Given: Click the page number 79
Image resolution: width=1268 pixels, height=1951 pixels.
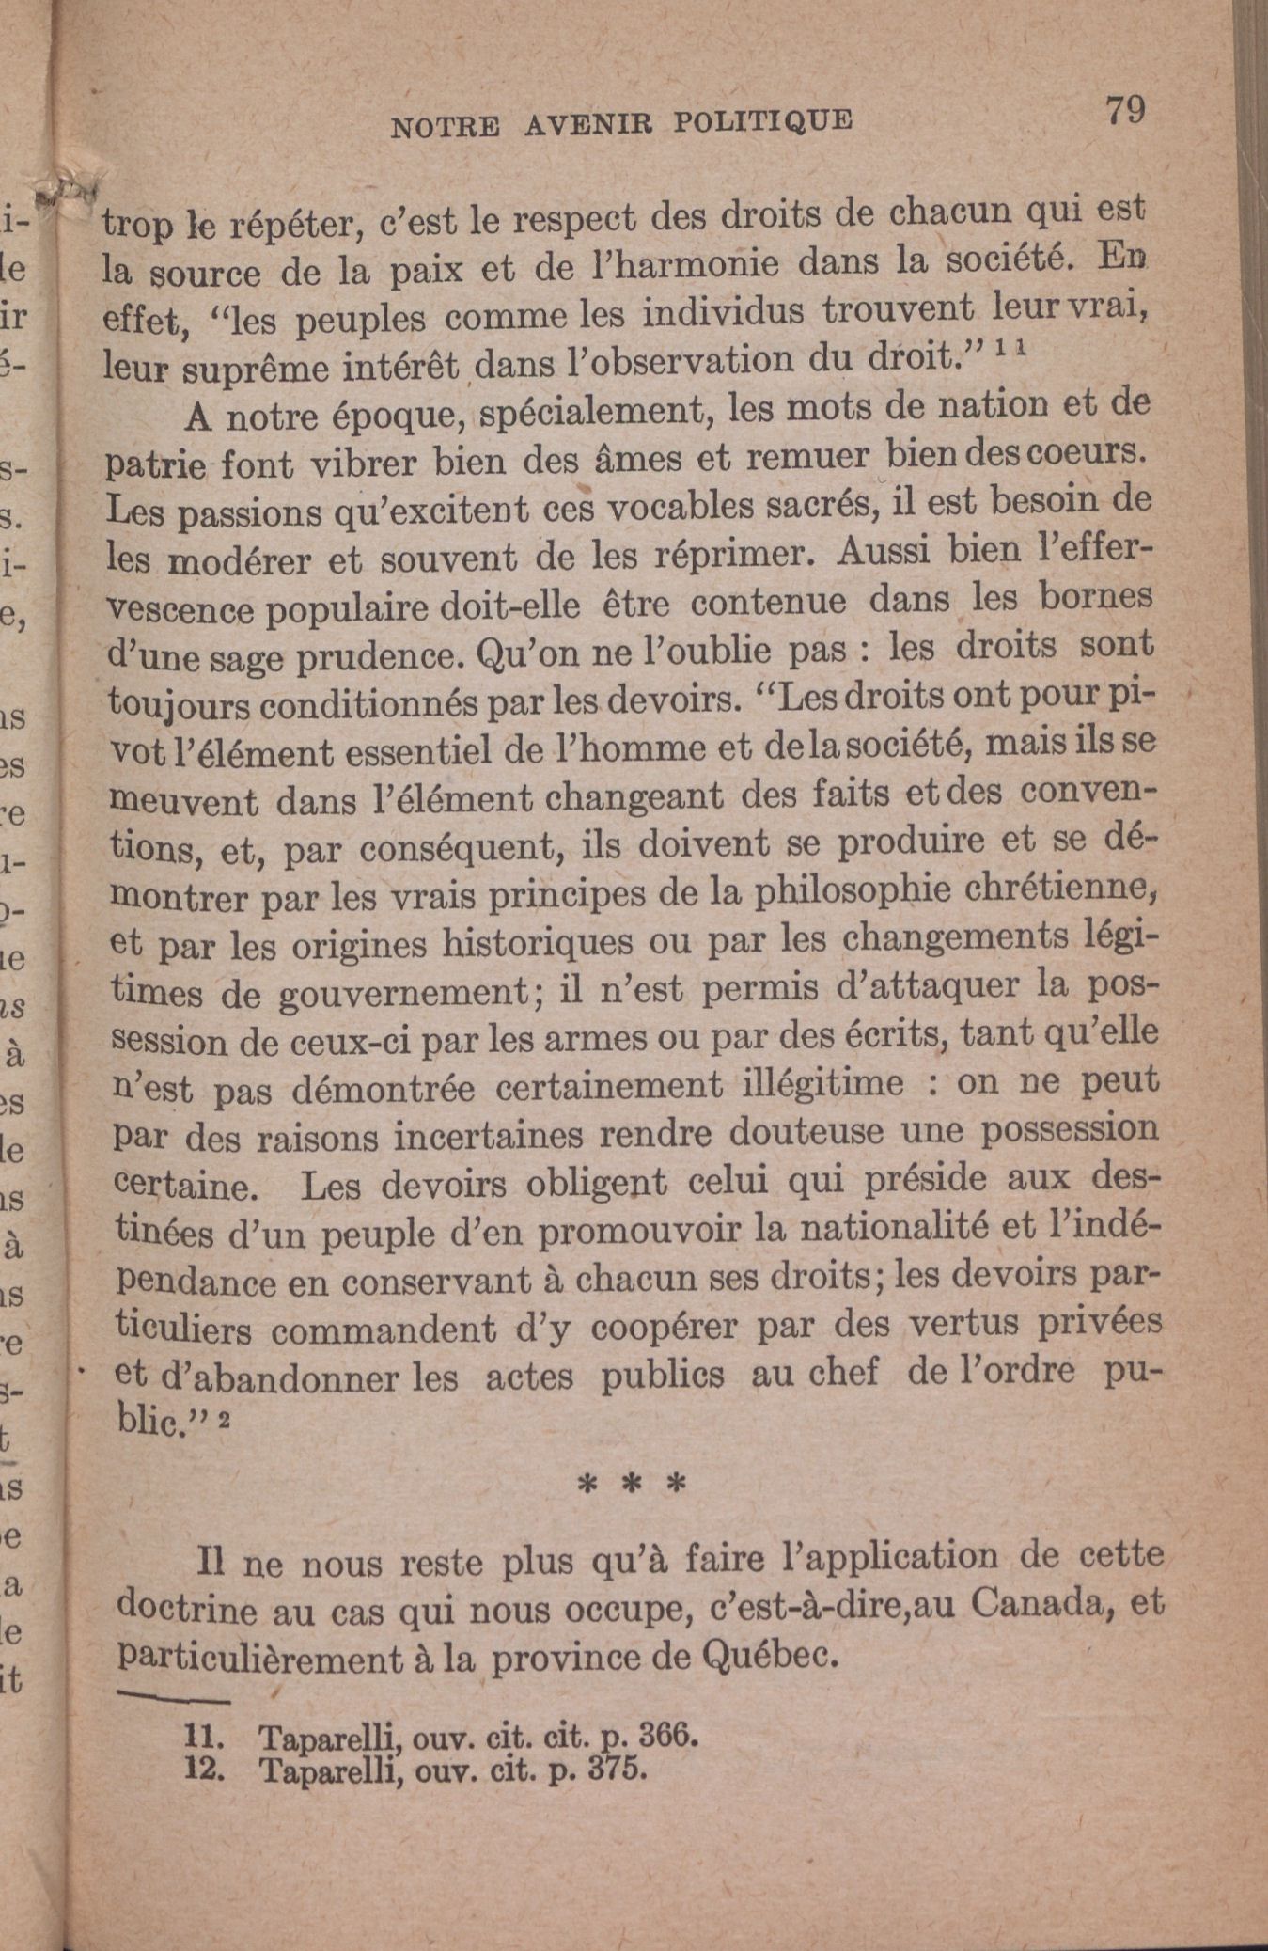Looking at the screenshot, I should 1124,110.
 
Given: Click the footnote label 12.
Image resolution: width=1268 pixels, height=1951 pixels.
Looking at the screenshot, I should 205,1770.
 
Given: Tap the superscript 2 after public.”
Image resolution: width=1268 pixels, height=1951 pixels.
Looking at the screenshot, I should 224,1421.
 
